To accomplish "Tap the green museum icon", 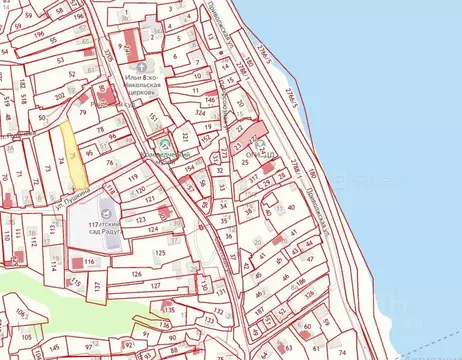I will [x=168, y=154].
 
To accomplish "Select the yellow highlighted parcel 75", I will [x=71, y=155].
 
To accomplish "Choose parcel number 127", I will [x=155, y=285].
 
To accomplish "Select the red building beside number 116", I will [x=77, y=261].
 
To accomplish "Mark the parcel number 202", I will [x=59, y=96].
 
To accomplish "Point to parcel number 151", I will [x=152, y=118].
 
